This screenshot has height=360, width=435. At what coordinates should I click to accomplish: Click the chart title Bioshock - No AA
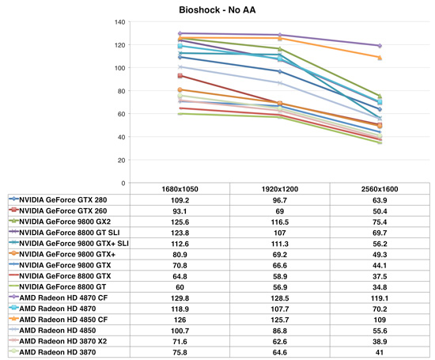pyautogui.click(x=217, y=10)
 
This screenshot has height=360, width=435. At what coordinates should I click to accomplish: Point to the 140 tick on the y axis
pyautogui.click(x=120, y=22)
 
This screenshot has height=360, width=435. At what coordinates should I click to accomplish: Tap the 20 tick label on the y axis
pyautogui.click(x=121, y=160)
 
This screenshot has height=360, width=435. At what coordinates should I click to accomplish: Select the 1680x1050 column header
pyautogui.click(x=180, y=189)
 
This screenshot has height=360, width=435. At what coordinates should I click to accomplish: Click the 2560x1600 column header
pyautogui.click(x=380, y=189)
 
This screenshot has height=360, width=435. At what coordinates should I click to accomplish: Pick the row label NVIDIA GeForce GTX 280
pyautogui.click(x=63, y=200)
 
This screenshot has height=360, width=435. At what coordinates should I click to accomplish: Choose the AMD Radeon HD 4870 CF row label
pyautogui.click(x=63, y=297)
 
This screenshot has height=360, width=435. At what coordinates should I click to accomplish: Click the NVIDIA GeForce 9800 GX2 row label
pyautogui.click(x=65, y=222)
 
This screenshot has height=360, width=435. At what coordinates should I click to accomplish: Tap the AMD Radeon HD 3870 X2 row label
pyautogui.click(x=63, y=341)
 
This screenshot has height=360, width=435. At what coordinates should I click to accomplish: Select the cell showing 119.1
pyautogui.click(x=380, y=298)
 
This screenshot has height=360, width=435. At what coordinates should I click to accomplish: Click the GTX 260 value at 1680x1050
pyautogui.click(x=180, y=211)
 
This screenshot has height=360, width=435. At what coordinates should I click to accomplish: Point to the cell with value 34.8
pyautogui.click(x=380, y=287)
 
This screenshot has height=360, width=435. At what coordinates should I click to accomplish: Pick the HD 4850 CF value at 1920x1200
pyautogui.click(x=280, y=320)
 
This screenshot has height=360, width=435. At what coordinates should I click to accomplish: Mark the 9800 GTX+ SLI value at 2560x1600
pyautogui.click(x=380, y=244)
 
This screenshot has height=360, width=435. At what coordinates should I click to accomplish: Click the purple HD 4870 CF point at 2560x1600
pyautogui.click(x=380, y=46)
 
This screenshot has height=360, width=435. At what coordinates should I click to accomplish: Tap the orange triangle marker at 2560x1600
pyautogui.click(x=380, y=58)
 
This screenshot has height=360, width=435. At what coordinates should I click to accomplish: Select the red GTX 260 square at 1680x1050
pyautogui.click(x=180, y=75)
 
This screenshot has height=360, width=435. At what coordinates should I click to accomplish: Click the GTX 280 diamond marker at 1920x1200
pyautogui.click(x=280, y=72)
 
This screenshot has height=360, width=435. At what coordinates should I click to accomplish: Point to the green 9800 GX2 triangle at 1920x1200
pyautogui.click(x=280, y=49)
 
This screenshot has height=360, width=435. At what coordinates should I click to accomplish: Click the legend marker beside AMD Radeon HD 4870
pyautogui.click(x=13, y=308)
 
